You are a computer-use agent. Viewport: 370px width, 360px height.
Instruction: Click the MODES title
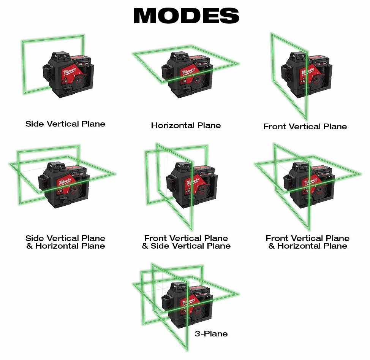point(187,16)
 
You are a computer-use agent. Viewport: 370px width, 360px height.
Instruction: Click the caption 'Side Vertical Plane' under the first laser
point(65,124)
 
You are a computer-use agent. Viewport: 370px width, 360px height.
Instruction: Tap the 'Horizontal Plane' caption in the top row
point(186,125)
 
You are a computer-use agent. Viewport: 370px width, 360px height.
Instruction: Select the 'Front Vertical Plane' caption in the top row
point(305,127)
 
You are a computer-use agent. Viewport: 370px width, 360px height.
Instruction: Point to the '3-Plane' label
point(211,333)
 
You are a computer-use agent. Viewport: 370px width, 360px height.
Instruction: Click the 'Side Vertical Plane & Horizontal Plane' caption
point(65,242)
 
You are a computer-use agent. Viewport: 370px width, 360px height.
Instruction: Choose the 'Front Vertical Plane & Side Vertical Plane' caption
point(186,242)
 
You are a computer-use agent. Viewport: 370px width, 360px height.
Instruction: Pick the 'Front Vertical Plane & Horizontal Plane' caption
point(308,242)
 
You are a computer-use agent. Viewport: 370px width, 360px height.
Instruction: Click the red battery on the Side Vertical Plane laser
point(81,59)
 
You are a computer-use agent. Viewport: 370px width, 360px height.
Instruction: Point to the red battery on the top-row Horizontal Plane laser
point(200,59)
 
